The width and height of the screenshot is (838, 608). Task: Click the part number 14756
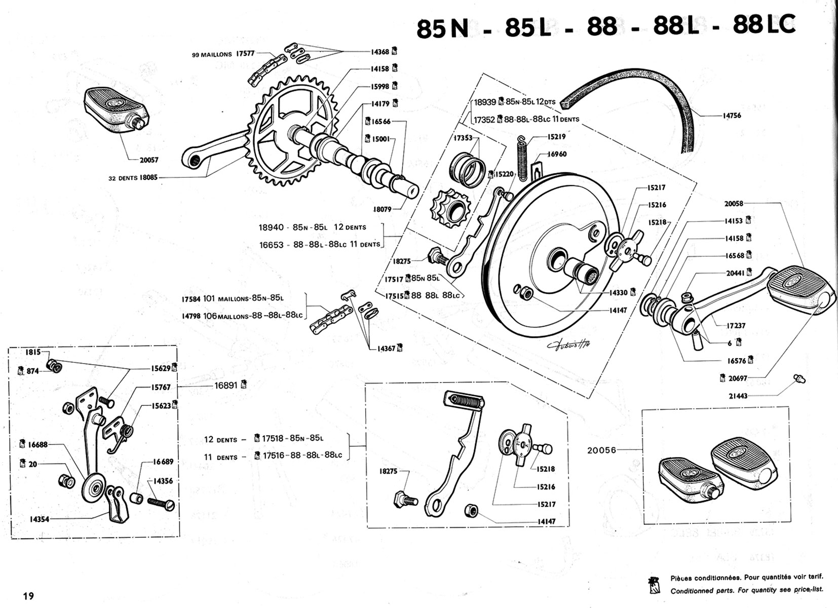(x=732, y=116)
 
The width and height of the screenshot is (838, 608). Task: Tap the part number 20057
(x=149, y=160)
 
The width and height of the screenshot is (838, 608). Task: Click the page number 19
(x=28, y=596)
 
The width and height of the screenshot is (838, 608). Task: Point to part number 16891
(x=226, y=385)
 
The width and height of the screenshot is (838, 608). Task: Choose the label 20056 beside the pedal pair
(x=601, y=450)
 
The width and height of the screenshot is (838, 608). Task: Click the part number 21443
(x=738, y=396)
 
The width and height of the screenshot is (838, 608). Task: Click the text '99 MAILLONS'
(x=212, y=55)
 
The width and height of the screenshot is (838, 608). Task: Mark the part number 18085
(x=148, y=178)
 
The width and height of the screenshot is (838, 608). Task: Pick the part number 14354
(x=39, y=519)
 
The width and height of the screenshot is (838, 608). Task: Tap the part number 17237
(x=736, y=326)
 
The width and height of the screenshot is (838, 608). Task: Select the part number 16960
(x=557, y=154)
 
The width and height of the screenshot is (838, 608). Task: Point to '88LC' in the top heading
(x=764, y=25)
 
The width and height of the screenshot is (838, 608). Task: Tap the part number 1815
(x=34, y=352)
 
